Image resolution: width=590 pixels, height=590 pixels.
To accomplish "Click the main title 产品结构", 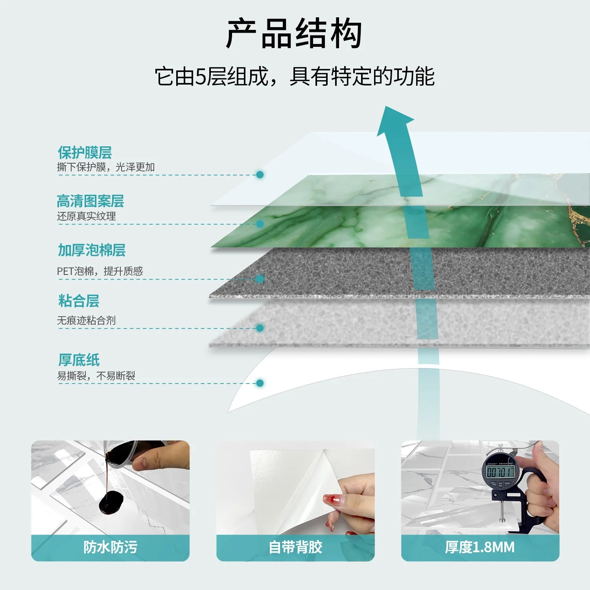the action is tap(294, 34).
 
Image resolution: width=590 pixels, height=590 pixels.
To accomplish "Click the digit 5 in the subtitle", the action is tap(201, 76).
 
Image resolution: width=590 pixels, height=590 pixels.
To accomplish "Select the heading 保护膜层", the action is tap(85, 153).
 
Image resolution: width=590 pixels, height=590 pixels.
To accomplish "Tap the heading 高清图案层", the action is tap(90, 201).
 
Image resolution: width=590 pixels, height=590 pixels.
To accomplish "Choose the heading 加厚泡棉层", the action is tap(92, 250).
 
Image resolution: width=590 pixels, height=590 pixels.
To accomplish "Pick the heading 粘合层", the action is tap(79, 301).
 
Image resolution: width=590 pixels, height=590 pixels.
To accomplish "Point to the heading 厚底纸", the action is tap(79, 360).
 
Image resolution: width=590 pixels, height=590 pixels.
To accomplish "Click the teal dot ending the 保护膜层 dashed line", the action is tap(260, 175).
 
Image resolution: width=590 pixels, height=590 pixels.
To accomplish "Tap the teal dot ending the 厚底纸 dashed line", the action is tap(260, 383).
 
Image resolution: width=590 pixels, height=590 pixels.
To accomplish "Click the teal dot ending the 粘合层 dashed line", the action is tap(260, 328).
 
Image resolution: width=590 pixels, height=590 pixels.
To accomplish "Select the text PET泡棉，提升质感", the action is tap(100, 271).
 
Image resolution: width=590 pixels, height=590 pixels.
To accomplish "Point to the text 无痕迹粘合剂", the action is tap(87, 321).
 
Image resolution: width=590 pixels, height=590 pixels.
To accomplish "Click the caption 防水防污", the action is tap(110, 547).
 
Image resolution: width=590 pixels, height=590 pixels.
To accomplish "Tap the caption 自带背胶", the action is tap(295, 547).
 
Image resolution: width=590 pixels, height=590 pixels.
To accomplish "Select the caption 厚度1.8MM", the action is tap(480, 547).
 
